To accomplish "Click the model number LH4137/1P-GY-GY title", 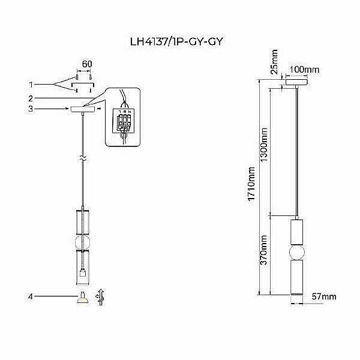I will click(x=181, y=43).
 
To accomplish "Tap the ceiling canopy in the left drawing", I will click(x=82, y=110).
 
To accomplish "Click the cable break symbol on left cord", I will click(x=82, y=160).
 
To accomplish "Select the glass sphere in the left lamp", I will click(x=82, y=242).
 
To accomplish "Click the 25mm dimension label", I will click(x=274, y=62).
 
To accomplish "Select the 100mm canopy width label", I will click(x=305, y=70).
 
